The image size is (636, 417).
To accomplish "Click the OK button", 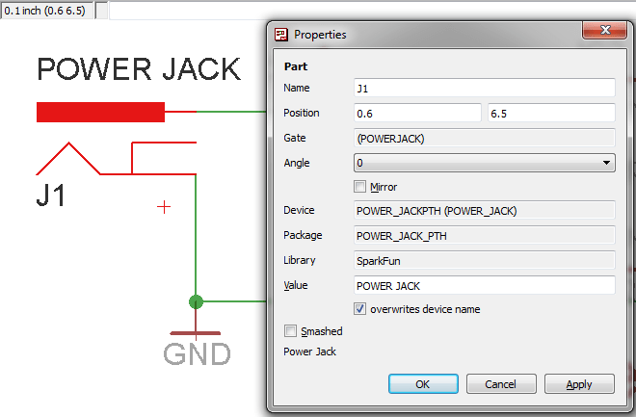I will (x=423, y=384).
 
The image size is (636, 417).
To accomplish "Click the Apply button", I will (x=579, y=384).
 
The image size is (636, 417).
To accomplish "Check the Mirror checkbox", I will (x=360, y=187).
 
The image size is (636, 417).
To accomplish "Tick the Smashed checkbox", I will (x=290, y=331).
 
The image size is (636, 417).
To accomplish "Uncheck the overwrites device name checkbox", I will (x=360, y=309).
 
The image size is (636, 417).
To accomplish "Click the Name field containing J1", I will (x=484, y=89).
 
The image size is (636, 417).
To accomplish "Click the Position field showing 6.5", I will (x=550, y=114).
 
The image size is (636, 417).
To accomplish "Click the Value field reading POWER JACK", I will (x=484, y=286).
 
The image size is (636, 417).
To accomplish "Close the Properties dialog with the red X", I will (x=607, y=34).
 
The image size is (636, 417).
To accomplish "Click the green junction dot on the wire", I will (x=197, y=301).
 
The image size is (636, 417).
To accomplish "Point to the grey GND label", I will (x=197, y=353).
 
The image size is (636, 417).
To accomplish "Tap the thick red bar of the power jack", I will (x=100, y=112).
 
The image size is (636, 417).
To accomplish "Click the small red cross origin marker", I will (x=165, y=206).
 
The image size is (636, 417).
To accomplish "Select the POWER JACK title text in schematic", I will (x=138, y=69).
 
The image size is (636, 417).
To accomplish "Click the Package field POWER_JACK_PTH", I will (x=484, y=235).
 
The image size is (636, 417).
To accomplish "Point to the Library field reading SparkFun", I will (x=484, y=260).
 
